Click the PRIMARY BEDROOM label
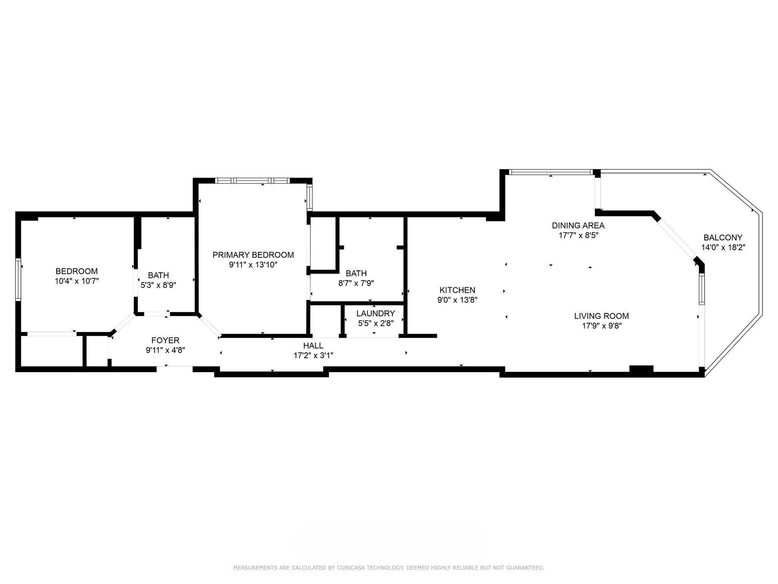coord(253,255)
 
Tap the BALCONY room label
coord(723,238)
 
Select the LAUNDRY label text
coord(376,314)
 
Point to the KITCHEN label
coord(457,290)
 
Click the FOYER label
coord(165,340)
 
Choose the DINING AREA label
coord(578,225)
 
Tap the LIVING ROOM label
coord(601,316)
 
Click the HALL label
coord(313,346)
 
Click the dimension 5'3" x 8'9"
coord(158,285)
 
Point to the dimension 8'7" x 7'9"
coord(356,283)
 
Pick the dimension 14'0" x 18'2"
coord(723,248)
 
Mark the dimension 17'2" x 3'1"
coord(313,355)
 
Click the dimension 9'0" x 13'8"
coord(457,300)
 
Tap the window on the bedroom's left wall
coord(18,280)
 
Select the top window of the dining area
coord(551,172)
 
